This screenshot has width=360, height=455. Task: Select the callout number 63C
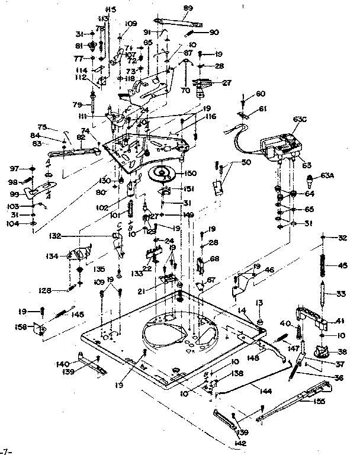click(300, 120)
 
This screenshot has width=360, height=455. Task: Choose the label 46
click(269, 270)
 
